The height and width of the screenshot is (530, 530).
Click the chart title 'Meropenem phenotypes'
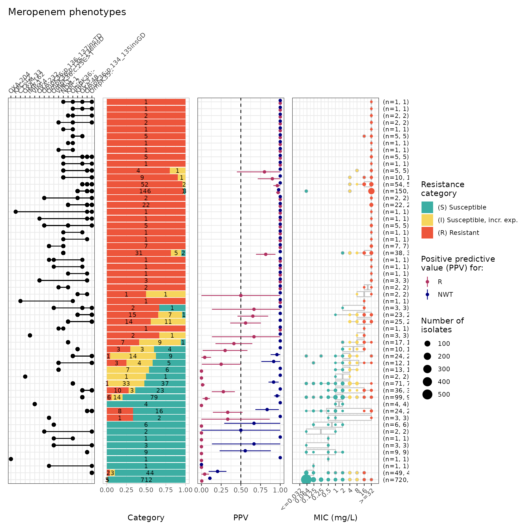click(x=67, y=12)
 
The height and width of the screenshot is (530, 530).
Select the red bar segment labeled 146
click(x=145, y=191)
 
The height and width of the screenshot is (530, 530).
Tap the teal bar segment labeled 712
click(x=146, y=480)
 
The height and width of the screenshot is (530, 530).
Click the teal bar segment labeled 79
click(x=154, y=397)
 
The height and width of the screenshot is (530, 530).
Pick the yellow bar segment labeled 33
click(x=126, y=383)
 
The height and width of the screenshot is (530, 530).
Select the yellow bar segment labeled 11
click(x=168, y=322)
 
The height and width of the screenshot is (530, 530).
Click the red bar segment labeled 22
click(x=146, y=205)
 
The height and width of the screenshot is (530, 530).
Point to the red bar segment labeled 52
click(x=144, y=184)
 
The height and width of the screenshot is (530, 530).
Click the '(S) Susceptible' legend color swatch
click(x=427, y=207)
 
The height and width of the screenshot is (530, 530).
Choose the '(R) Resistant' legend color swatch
click(x=427, y=233)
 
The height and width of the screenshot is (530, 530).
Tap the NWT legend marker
click(x=427, y=295)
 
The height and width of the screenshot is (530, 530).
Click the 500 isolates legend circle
click(x=427, y=394)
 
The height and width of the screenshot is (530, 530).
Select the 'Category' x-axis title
click(x=146, y=518)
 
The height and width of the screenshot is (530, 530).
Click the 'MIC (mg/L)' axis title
click(x=335, y=518)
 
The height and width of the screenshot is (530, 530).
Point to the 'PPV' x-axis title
click(x=241, y=518)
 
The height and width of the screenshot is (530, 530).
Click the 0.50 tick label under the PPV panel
click(x=241, y=490)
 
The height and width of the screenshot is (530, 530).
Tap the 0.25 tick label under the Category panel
click(x=126, y=490)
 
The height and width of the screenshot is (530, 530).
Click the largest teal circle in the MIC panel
click(x=306, y=479)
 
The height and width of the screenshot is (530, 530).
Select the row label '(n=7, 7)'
click(x=396, y=246)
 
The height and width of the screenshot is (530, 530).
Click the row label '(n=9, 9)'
click(x=396, y=452)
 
